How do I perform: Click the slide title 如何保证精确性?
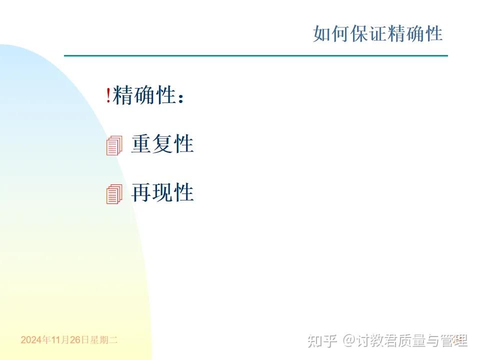coord(378,34)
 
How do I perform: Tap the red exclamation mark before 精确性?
coord(108,95)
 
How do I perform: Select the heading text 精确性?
coord(144,95)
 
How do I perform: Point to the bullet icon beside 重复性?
coord(114,145)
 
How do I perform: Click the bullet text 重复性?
coord(162,144)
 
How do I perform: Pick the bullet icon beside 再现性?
coord(114,194)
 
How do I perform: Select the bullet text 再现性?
coord(162,192)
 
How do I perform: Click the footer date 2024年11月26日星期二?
coord(69,340)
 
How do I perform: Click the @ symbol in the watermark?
coord(348,340)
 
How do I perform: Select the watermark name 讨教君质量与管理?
coord(411,340)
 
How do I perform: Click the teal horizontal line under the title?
coord(255,55)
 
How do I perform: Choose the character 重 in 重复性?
coord(141,144)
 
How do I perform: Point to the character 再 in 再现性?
coord(141,192)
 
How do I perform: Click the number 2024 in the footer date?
coord(31,340)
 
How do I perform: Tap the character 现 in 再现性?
coord(162,192)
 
